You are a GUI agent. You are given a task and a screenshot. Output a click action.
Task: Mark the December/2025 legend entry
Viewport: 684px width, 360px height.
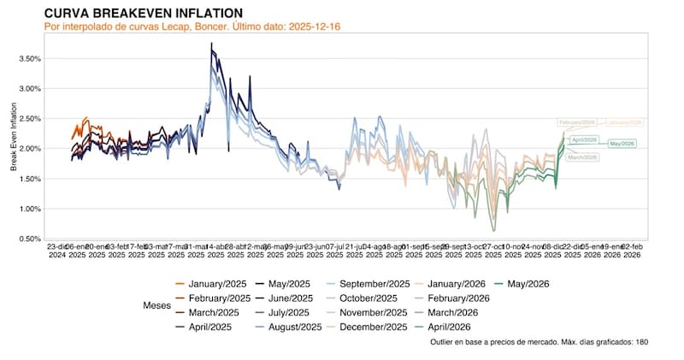(x=374, y=326)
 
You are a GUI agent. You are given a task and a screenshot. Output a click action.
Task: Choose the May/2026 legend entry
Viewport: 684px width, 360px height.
(x=528, y=285)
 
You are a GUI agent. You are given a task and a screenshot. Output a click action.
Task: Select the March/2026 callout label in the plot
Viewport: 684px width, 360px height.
(x=581, y=156)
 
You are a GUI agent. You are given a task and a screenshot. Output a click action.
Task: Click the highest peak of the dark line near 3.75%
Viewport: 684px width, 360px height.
(x=211, y=43)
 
